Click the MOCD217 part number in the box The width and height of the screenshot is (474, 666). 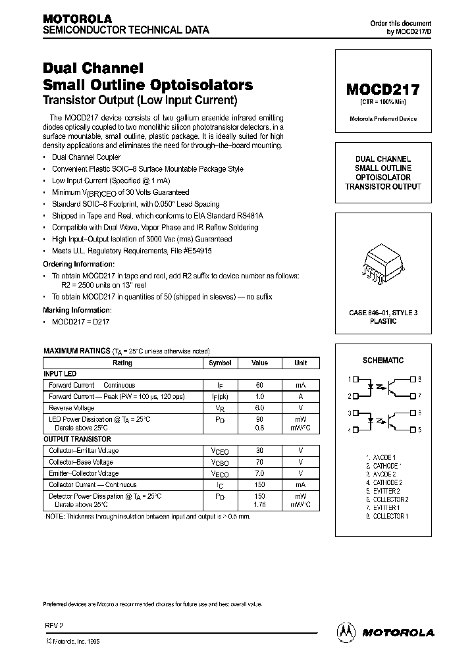coord(382,89)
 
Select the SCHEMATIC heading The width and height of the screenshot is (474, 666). coord(382,361)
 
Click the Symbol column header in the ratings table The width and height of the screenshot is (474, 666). coord(220,363)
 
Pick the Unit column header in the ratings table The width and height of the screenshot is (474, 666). coord(300,363)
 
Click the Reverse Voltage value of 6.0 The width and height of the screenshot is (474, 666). coord(260,408)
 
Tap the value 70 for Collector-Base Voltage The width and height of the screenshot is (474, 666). coord(260,462)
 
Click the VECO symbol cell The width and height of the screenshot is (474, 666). coord(220,473)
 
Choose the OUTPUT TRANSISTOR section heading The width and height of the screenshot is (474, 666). coord(77,439)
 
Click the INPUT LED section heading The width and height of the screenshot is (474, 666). coord(60,374)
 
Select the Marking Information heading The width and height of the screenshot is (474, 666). coord(77,309)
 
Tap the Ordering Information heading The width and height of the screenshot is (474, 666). coord(78,263)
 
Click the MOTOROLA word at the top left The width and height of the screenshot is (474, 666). coord(77,18)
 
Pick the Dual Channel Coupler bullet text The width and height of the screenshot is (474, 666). coord(86,157)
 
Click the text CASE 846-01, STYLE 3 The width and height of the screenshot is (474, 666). coord(382,313)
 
